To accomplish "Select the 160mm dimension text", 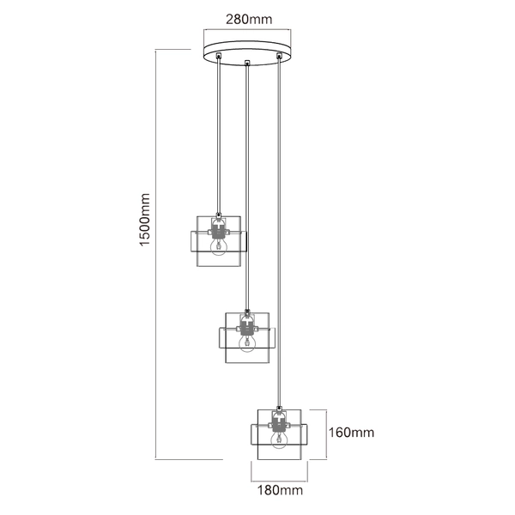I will pyautogui.click(x=352, y=433).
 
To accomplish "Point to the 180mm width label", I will pyautogui.click(x=278, y=492).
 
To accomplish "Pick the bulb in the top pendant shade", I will pyautogui.click(x=220, y=245).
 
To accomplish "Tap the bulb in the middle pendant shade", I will pyautogui.click(x=247, y=342).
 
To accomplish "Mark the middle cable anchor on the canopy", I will pyautogui.click(x=247, y=62).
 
